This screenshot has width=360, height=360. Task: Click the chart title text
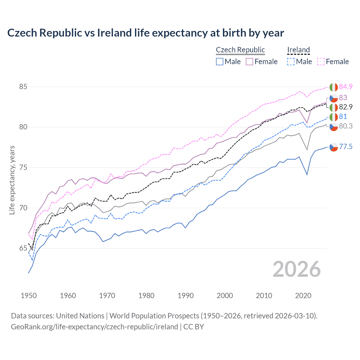point(145,33)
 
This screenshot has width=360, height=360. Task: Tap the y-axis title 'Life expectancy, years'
point(12,180)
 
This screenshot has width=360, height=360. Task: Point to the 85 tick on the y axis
point(23,87)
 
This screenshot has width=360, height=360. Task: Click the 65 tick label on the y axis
point(23,248)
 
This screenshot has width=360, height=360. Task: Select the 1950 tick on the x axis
point(29,296)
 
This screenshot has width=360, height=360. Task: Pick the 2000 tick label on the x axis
point(225,296)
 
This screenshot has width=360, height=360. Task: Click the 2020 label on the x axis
point(303,296)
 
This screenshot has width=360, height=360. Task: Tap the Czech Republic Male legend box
point(220,62)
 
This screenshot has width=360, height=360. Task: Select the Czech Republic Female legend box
point(249,62)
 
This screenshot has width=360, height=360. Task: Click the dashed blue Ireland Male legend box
point(291,62)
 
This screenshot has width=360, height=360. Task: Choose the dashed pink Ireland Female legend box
point(321,62)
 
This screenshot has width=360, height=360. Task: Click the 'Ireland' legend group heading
point(298,50)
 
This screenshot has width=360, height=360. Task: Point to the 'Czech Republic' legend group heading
point(240,50)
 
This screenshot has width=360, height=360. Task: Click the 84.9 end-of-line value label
point(346,87)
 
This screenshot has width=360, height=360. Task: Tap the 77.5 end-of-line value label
point(346,147)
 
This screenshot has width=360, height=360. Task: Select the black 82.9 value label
point(346,107)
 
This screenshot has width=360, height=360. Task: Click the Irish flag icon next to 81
point(334,117)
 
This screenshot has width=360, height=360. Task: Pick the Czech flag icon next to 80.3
point(334,127)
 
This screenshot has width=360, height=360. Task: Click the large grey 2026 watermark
point(297,269)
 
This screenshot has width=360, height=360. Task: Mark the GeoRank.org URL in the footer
point(94,327)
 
